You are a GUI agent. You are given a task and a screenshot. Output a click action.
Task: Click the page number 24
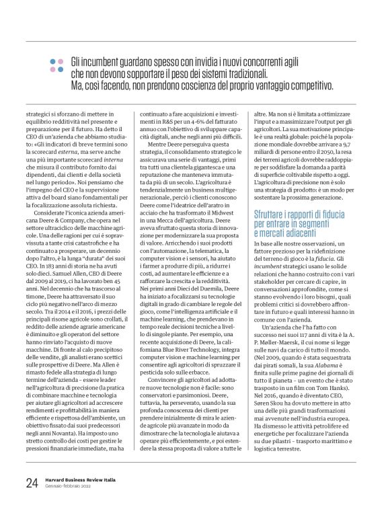pyautogui.click(x=32, y=482)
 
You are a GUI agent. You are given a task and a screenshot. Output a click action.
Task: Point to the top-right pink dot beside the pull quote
pyautogui.click(x=61, y=61)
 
